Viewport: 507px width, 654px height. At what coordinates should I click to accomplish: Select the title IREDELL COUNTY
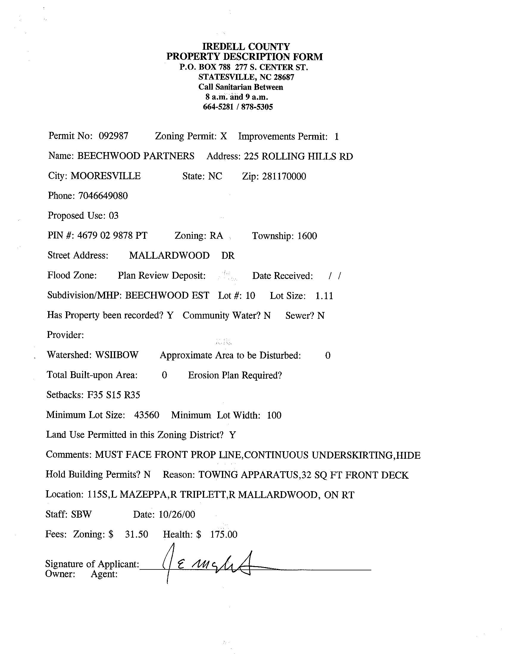pos(246,47)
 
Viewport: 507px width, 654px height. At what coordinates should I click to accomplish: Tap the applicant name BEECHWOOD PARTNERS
pos(136,156)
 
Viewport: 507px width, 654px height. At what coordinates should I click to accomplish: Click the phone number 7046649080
pos(103,196)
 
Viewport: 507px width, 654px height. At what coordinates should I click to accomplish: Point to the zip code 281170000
pos(284,177)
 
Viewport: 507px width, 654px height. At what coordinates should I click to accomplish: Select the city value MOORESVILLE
pos(105,176)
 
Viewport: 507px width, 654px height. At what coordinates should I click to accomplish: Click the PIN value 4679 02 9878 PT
pos(112,235)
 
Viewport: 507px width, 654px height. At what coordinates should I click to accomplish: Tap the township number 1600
pos(307,236)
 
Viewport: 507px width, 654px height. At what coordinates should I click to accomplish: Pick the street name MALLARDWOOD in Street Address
pos(169,255)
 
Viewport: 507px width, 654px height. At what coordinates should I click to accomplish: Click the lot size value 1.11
pos(324,296)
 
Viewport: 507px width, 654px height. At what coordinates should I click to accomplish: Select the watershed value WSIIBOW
pos(117,355)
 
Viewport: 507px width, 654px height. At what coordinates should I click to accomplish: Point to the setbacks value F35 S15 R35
pos(113,395)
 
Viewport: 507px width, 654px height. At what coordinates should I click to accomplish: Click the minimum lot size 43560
pos(147,415)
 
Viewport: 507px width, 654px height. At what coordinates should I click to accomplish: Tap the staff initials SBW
pos(81,514)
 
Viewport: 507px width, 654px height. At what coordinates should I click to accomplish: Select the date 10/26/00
pos(177,514)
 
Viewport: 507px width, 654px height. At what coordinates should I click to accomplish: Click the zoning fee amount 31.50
pos(137,534)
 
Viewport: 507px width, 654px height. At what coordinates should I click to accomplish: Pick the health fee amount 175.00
pos(223,534)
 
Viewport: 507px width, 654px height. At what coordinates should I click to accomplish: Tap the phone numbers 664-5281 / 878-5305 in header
pos(238,107)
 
